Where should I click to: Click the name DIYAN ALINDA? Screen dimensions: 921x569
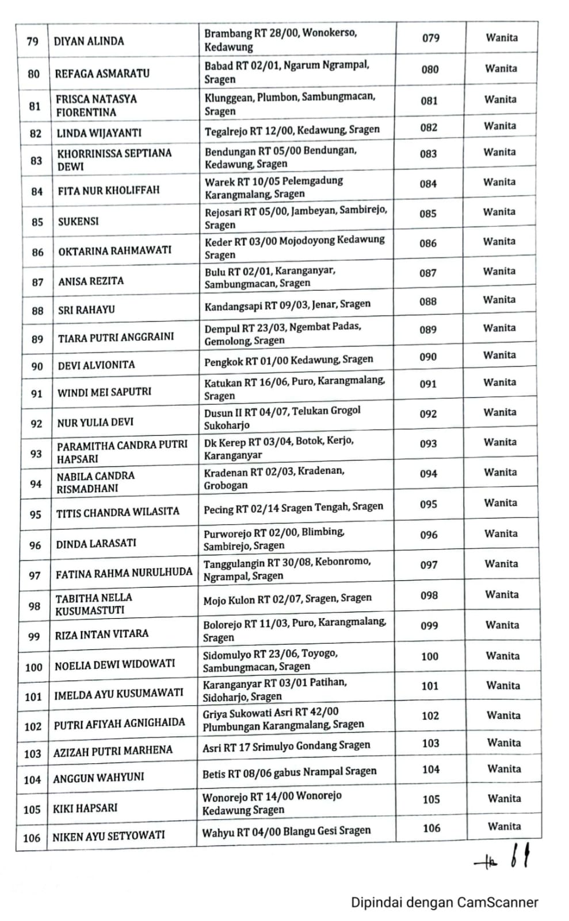coord(89,41)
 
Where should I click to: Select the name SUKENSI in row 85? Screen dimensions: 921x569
coord(78,222)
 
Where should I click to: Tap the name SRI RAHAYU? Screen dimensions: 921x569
coord(86,310)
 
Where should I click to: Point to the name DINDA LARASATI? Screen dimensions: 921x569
coord(96,543)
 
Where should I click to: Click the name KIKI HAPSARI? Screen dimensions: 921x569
coord(85,808)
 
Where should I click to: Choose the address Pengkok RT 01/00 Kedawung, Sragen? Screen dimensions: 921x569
coord(289,360)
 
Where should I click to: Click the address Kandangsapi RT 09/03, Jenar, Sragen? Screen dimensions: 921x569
coord(288,305)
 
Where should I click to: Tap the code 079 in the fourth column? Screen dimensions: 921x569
coord(431,39)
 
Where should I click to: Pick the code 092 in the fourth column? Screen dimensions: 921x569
coord(428,414)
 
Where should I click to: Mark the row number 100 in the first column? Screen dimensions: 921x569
coord(34,668)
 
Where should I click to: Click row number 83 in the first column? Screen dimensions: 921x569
coord(36,161)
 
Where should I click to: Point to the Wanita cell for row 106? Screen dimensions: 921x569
coord(504,827)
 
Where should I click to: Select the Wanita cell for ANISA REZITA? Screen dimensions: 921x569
coord(499,272)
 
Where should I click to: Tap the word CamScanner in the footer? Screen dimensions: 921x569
coord(498,903)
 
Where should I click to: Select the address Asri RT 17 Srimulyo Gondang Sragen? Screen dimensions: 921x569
coord(287,746)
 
